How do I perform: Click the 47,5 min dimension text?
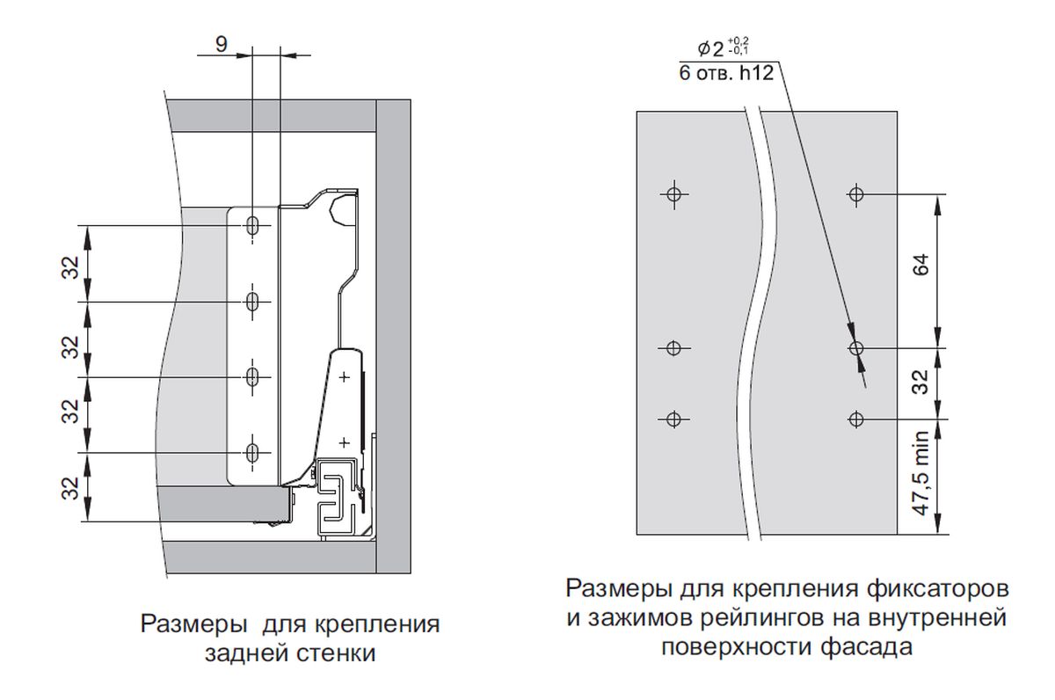(x=920, y=476)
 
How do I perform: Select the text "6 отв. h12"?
(x=726, y=74)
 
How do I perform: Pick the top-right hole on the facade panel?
(x=857, y=193)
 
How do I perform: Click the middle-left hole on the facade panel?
(x=674, y=348)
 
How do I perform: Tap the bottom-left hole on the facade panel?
(x=674, y=418)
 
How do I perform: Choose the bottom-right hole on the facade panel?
(x=857, y=418)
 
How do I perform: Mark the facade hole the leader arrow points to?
(x=857, y=348)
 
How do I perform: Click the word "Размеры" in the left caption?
(x=193, y=626)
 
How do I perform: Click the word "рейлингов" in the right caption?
(x=747, y=618)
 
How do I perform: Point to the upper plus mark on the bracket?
(x=344, y=376)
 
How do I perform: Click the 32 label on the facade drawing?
(x=920, y=383)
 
